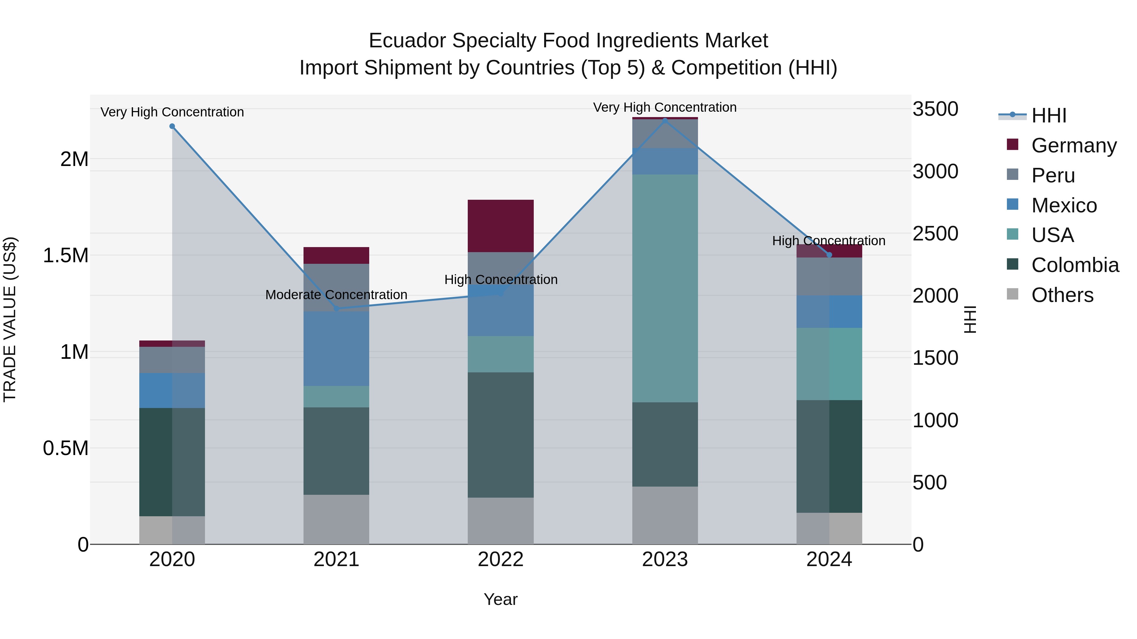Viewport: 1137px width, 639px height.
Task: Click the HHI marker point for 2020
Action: click(x=172, y=127)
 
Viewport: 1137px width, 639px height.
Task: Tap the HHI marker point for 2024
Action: click(x=829, y=255)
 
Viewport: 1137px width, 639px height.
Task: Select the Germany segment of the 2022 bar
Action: click(x=501, y=226)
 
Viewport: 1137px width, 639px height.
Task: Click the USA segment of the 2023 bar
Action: click(x=665, y=288)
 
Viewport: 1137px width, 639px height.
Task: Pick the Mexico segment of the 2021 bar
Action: click(x=336, y=348)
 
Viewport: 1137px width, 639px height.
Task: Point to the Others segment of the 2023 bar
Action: click(x=665, y=515)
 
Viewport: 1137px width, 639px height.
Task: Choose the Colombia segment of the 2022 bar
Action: click(x=501, y=435)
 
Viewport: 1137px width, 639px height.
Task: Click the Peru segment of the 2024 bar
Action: click(x=829, y=276)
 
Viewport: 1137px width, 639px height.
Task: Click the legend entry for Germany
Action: click(x=1074, y=145)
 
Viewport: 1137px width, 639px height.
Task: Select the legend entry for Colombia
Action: click(x=1075, y=265)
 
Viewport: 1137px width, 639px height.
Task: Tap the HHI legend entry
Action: click(x=1048, y=115)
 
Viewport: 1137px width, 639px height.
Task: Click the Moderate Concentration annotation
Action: click(x=336, y=295)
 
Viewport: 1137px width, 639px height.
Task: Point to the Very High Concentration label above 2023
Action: click(x=665, y=107)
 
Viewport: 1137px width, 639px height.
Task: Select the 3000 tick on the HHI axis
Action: click(x=935, y=172)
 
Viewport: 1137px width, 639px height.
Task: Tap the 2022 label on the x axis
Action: click(x=501, y=559)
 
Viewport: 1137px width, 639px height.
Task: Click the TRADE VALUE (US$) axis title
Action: click(x=10, y=319)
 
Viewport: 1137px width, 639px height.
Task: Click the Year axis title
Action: click(x=501, y=599)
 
